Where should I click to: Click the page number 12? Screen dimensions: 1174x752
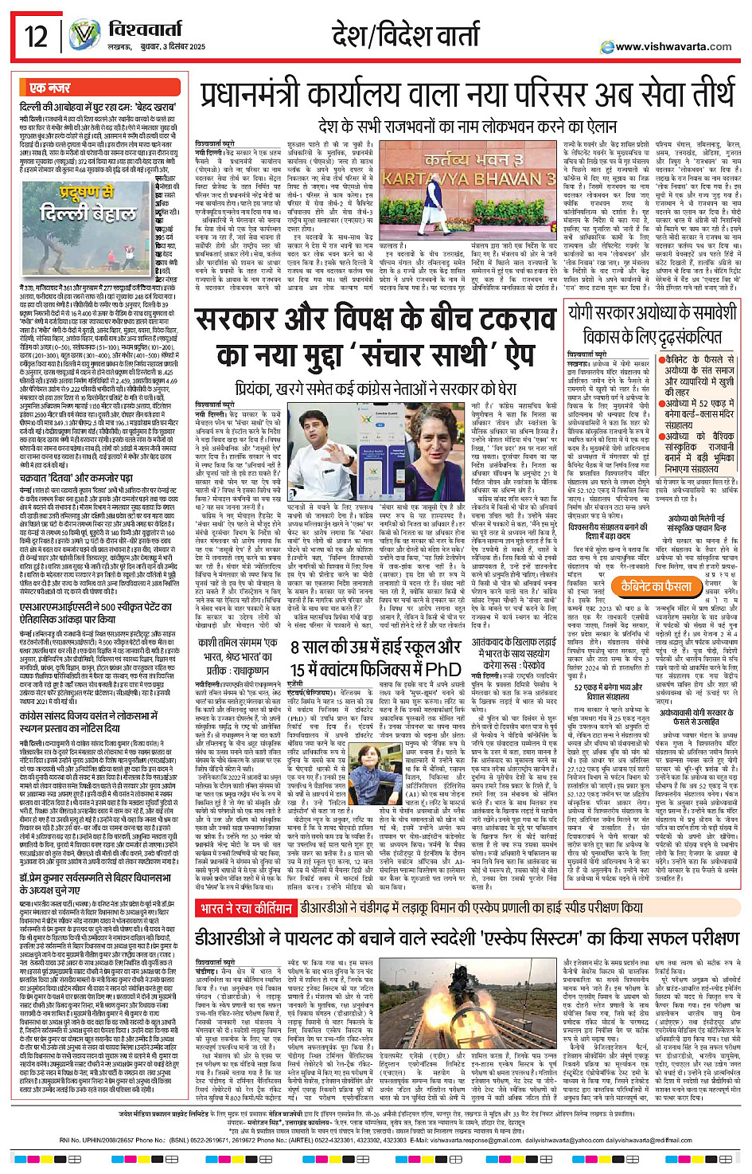coord(35,37)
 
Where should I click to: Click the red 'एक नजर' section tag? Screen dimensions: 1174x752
coord(50,88)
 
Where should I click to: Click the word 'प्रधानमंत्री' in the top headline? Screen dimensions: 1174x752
coord(262,96)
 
